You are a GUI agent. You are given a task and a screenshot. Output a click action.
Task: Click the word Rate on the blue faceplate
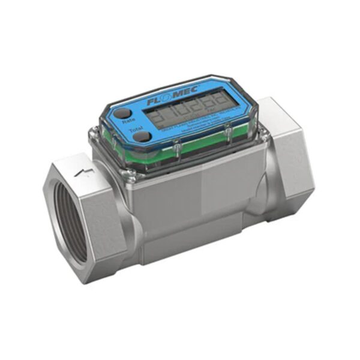(128, 121)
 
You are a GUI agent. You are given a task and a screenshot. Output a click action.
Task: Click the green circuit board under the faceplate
(198, 144)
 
